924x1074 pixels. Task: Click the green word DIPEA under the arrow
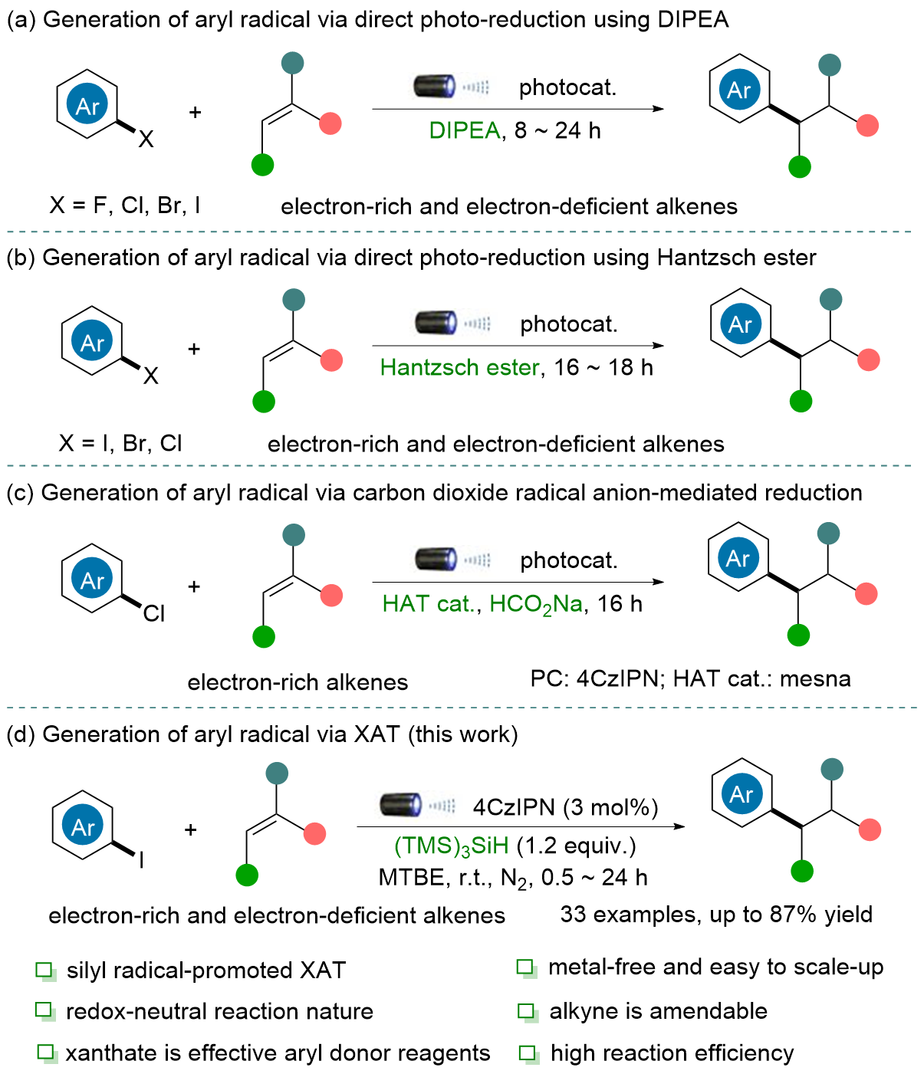point(465,131)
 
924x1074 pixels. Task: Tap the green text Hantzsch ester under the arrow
point(459,368)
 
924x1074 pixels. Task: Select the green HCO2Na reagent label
point(536,604)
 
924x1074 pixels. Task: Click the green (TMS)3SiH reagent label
point(451,846)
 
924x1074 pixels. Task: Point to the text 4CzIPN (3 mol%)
point(565,807)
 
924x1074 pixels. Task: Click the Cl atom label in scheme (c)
point(154,613)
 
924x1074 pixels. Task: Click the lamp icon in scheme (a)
point(435,86)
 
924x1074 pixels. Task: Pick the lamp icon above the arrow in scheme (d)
point(402,805)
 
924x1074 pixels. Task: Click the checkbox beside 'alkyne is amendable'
point(527,1011)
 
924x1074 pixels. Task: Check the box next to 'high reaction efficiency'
point(528,1053)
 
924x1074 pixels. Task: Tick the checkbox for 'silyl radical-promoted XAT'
point(44,971)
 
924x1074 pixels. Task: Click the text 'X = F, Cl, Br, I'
point(125,205)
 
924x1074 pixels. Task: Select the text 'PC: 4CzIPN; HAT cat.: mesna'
point(690,679)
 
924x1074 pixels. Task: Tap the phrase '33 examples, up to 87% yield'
point(716,915)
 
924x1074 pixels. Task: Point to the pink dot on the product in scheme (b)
point(868,360)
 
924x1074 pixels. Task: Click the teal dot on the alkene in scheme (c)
point(293,535)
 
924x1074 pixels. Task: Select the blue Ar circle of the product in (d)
point(741,794)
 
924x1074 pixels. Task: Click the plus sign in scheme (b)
point(194,350)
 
